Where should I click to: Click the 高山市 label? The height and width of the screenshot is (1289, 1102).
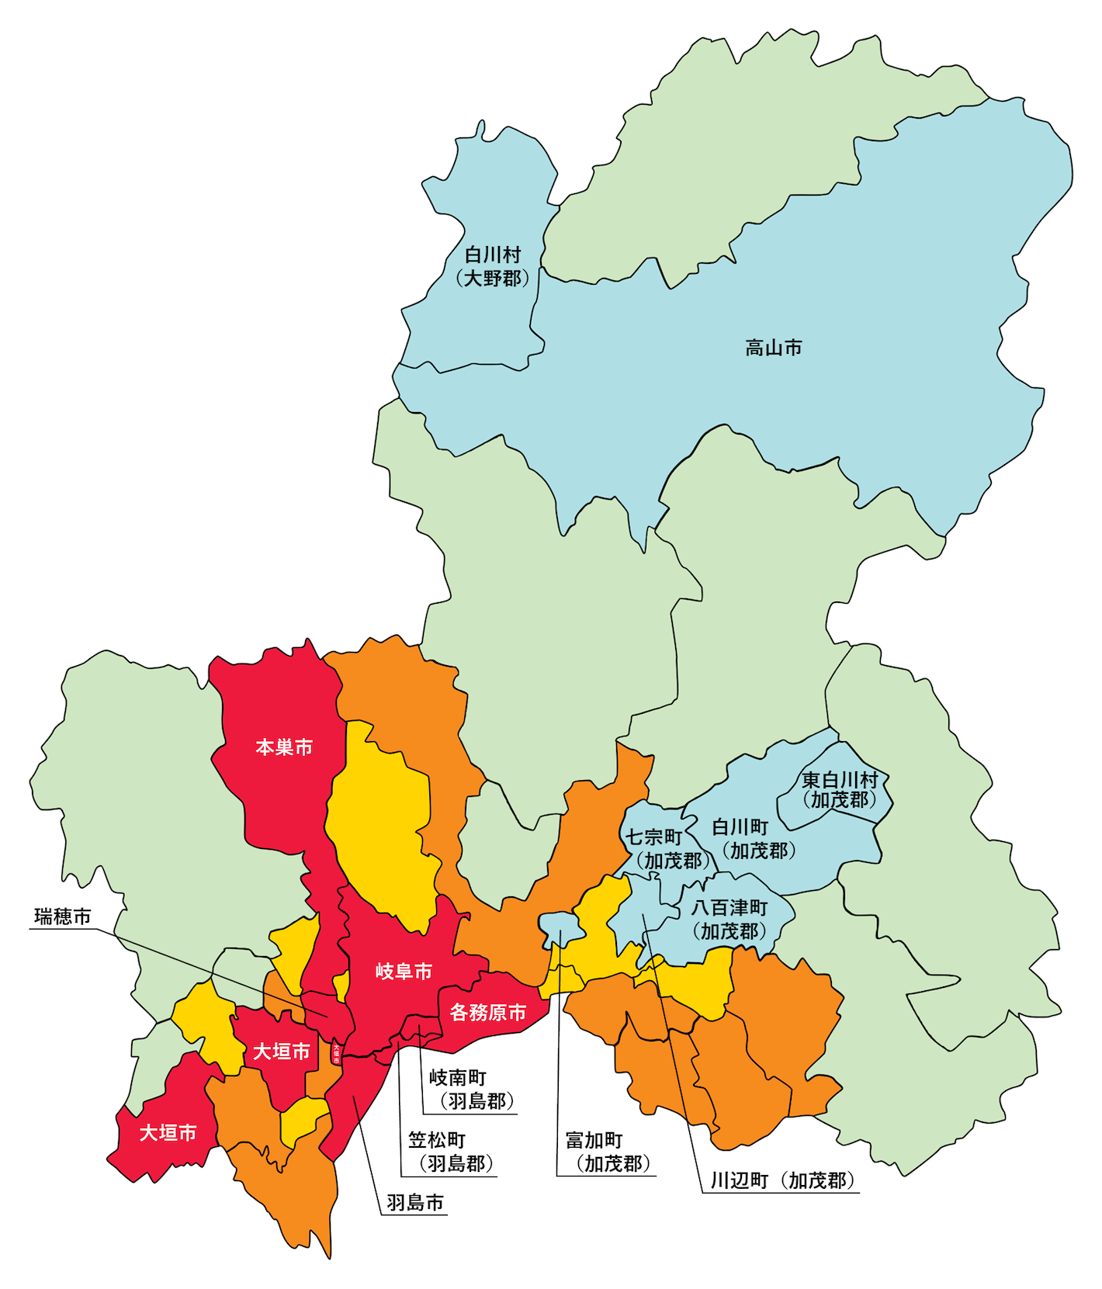(773, 348)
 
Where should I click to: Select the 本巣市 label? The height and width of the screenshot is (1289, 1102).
(284, 747)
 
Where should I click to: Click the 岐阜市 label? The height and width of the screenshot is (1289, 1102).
(404, 971)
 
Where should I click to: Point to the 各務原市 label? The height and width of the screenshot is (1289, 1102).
(488, 1012)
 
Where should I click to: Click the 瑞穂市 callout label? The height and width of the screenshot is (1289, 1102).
(63, 917)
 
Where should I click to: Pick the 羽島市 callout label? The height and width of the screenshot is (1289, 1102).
(415, 1202)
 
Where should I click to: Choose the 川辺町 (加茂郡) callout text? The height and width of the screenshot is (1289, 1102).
(782, 1180)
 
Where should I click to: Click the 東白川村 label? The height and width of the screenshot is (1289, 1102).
(840, 789)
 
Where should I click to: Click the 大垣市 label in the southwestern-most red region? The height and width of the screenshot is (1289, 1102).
(168, 1132)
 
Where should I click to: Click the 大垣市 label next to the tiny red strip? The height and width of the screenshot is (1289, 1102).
(281, 1051)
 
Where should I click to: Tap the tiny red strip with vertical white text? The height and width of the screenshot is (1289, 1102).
(336, 1052)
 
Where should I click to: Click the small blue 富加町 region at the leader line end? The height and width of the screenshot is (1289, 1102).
(561, 926)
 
